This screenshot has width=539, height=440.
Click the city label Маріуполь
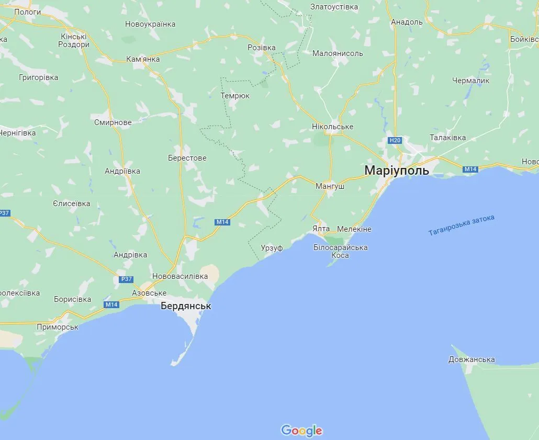(396, 170)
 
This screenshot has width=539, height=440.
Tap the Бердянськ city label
(186, 306)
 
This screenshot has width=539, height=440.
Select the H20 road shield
(395, 140)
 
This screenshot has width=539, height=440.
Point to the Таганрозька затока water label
(461, 225)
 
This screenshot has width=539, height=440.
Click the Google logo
(301, 431)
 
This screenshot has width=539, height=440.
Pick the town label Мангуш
(330, 186)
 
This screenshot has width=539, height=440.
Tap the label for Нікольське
(332, 127)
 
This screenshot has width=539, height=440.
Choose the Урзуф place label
(272, 248)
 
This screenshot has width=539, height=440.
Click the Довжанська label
(471, 359)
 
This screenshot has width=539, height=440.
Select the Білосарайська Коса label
(340, 252)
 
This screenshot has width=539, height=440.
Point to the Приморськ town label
(58, 327)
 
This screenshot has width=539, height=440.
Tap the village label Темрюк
(235, 96)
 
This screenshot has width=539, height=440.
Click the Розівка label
(261, 48)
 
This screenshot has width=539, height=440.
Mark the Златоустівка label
(334, 7)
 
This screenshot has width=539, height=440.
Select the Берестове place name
(187, 158)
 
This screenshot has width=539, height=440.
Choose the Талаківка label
(447, 138)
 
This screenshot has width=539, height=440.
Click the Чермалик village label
(471, 81)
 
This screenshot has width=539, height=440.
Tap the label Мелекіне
(354, 229)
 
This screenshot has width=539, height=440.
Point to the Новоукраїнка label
(150, 24)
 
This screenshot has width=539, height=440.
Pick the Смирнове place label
(113, 122)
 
